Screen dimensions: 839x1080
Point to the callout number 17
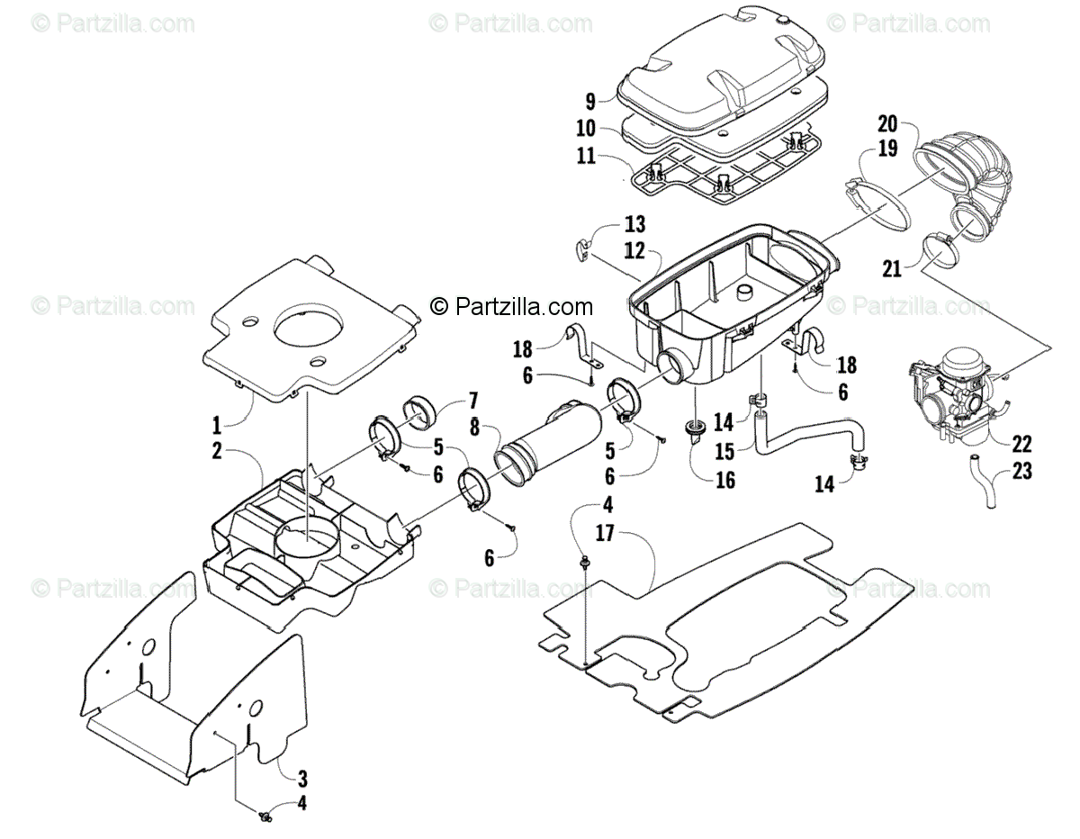point(605,534)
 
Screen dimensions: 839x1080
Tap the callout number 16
point(726,480)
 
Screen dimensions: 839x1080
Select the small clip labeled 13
point(581,251)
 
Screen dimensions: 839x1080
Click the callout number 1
point(217,423)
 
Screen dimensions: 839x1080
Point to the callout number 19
point(887,149)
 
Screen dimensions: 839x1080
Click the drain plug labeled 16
point(695,432)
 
